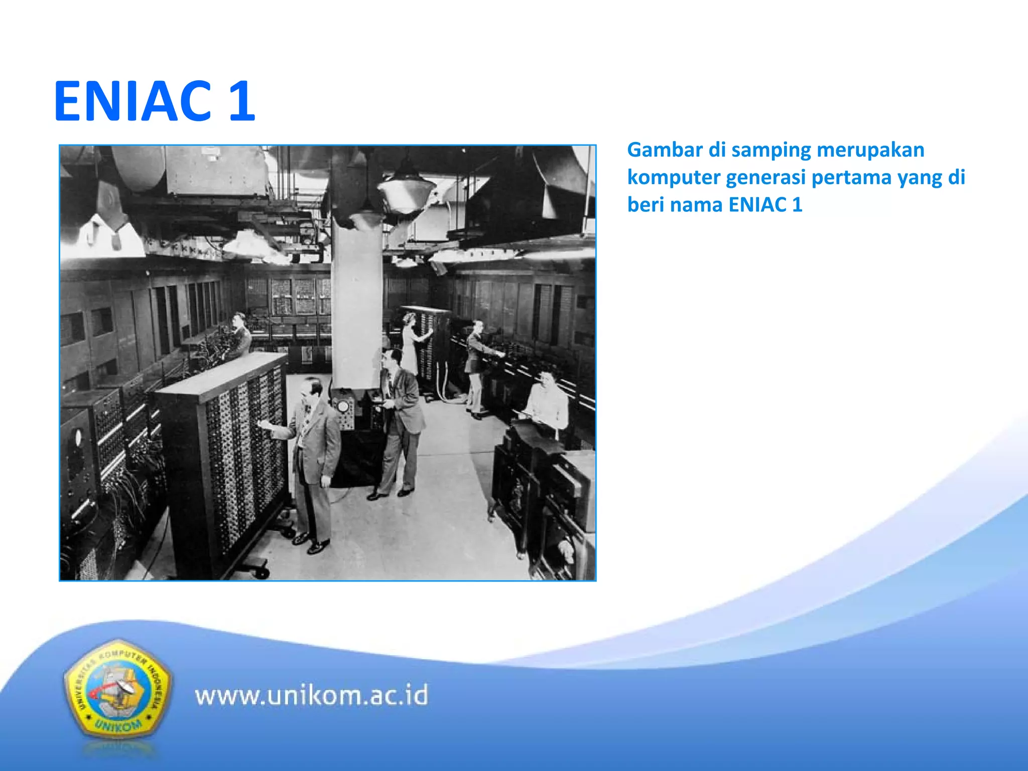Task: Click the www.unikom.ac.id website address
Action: tap(311, 696)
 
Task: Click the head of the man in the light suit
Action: tap(312, 389)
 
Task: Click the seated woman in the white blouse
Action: tap(547, 402)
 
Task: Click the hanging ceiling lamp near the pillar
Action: tap(406, 191)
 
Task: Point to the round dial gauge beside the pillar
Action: tap(343, 406)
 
